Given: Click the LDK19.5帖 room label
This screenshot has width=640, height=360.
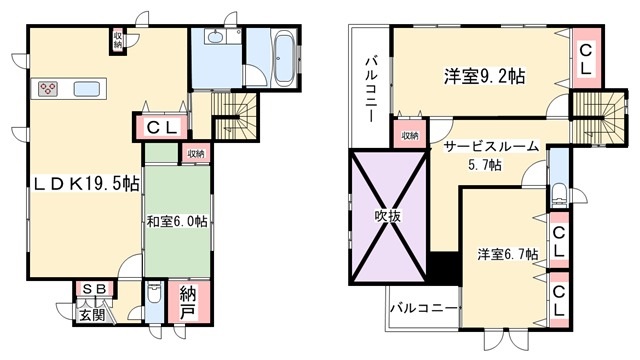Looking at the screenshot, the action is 86,184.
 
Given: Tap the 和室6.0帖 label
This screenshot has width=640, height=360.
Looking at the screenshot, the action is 177,222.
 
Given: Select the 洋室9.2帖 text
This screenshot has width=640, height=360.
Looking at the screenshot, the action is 484,76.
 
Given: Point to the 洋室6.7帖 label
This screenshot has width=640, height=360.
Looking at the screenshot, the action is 508,254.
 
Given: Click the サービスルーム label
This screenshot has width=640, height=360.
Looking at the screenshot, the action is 491,146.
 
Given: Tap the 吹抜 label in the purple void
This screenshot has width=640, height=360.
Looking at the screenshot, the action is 387,216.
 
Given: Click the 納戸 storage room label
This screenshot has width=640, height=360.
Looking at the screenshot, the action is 187,304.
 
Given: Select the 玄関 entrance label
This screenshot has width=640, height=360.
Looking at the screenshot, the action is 92,315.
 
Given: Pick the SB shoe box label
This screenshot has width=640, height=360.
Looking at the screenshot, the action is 94,289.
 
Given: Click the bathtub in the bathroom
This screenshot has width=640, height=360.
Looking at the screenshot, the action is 284,59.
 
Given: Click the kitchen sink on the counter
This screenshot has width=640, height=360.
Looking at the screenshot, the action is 87,89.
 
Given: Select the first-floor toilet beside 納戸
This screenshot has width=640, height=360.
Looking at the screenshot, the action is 154,293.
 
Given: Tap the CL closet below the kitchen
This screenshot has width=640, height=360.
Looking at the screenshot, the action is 162,128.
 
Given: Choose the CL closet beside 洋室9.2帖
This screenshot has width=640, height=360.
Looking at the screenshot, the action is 586,59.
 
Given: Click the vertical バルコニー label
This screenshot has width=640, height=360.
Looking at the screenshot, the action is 371,90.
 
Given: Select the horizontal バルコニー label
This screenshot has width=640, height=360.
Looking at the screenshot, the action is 424,307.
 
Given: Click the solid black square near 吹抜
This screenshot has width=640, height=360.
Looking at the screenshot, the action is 444,268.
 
